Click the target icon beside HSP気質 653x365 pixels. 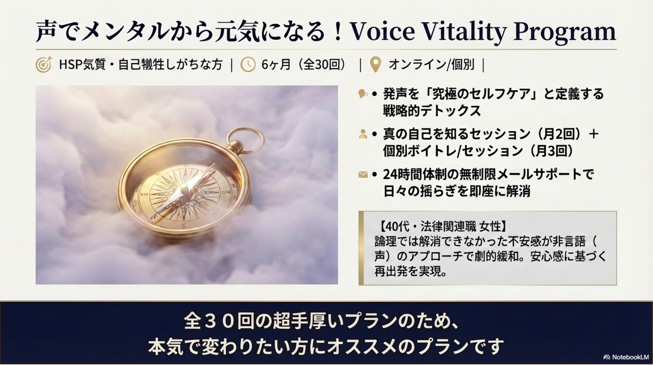point(44,64)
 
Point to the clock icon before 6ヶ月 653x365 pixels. point(248,64)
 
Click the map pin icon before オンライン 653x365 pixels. point(376,65)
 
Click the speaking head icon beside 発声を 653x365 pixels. point(363,94)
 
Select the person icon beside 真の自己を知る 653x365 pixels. point(363,134)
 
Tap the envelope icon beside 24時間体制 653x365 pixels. point(363,174)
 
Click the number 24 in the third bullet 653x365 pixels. point(390,174)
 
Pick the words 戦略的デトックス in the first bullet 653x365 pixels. point(432,111)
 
